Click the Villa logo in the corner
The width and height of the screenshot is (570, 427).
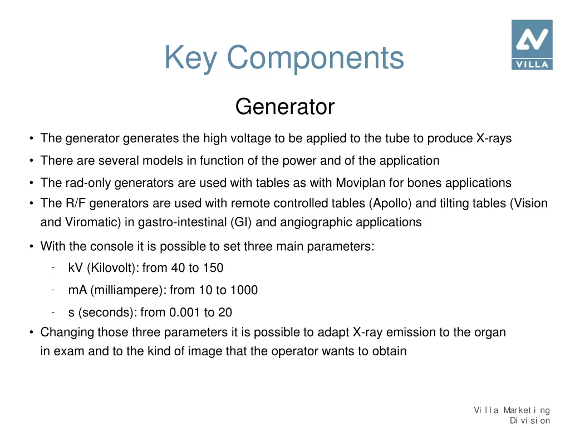532,45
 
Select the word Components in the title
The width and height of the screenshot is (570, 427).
315,57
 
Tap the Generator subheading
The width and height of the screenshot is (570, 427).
284,107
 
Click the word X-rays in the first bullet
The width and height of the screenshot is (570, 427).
494,138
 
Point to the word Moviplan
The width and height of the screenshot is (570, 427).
360,183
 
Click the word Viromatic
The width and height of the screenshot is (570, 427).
86,222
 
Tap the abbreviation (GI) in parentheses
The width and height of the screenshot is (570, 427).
240,222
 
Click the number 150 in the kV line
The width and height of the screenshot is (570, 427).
213,268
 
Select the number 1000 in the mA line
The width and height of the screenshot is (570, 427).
244,290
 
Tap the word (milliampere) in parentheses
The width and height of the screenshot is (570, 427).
132,290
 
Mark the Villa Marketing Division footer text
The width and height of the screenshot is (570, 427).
512,415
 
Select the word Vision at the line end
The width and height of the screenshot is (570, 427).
530,203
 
